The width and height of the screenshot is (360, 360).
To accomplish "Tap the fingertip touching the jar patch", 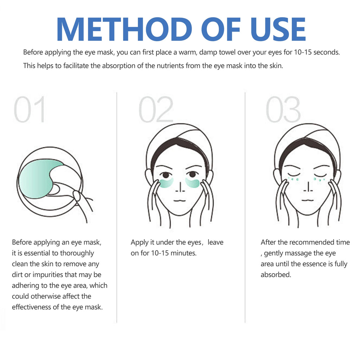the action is [76, 195].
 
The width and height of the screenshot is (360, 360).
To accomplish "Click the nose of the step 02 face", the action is [180, 187].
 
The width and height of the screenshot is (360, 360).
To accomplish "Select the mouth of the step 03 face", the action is [308, 200].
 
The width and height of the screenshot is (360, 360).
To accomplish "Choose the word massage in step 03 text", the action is [298, 253].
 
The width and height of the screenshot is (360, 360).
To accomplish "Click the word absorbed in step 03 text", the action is [276, 275].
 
